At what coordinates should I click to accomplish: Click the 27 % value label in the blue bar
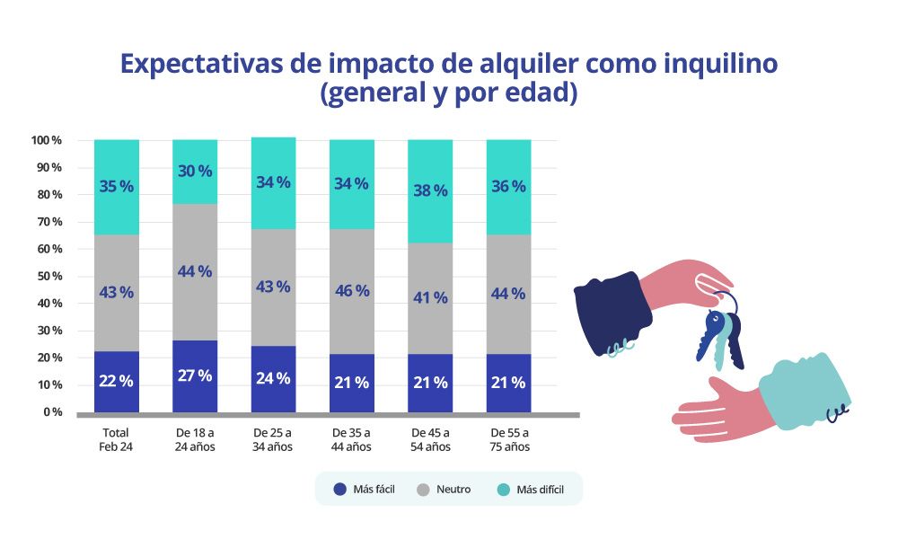pyautogui.click(x=194, y=376)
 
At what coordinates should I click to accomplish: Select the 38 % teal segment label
pyautogui.click(x=430, y=190)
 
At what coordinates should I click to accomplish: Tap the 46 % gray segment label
pyautogui.click(x=351, y=291)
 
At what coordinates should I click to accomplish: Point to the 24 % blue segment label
pyautogui.click(x=272, y=378)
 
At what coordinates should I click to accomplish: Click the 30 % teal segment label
pyautogui.click(x=194, y=172)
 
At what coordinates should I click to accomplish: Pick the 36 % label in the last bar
pyautogui.click(x=508, y=187)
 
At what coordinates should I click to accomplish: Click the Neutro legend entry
pyautogui.click(x=445, y=490)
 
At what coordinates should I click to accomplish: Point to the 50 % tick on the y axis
pyautogui.click(x=47, y=276)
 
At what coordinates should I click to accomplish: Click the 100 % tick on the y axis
pyautogui.click(x=46, y=140)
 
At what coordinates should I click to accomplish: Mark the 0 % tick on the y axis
pyautogui.click(x=50, y=412)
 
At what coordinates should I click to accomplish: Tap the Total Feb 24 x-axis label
pyautogui.click(x=116, y=439)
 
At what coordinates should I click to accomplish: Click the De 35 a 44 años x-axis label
pyautogui.click(x=351, y=439)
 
